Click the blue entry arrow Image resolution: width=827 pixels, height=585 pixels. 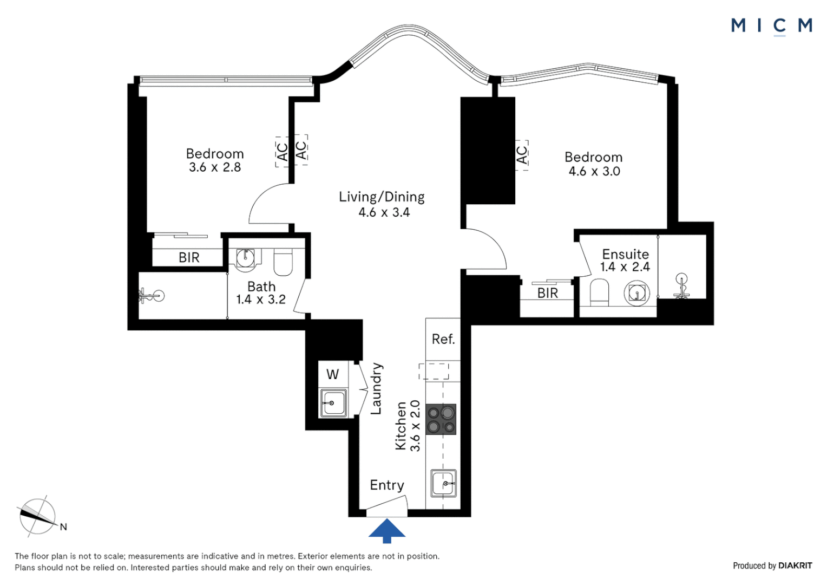click(x=386, y=530)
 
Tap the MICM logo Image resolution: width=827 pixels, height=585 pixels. click(x=771, y=26)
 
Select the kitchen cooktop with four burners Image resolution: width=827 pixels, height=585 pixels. click(x=441, y=419)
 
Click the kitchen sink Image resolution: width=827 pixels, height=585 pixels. click(x=443, y=483)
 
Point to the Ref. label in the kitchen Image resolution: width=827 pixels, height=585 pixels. click(x=443, y=339)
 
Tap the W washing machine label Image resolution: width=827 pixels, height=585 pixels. click(x=332, y=374)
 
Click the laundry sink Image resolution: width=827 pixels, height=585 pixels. click(x=333, y=403)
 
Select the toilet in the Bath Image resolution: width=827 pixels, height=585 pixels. click(x=283, y=262)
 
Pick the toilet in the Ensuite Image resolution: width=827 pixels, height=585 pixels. click(x=599, y=292)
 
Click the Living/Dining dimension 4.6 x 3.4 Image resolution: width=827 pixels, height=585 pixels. click(x=384, y=212)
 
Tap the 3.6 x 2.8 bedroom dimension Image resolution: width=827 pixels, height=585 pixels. click(x=215, y=167)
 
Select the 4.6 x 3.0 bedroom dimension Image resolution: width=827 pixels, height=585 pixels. click(x=594, y=172)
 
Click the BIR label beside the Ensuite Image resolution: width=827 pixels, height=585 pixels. click(x=548, y=293)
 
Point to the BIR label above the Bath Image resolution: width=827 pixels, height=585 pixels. click(x=189, y=258)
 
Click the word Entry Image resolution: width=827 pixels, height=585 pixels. click(x=387, y=485)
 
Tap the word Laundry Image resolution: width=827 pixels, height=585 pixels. click(x=376, y=388)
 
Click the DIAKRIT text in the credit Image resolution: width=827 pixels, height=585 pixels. click(x=795, y=565)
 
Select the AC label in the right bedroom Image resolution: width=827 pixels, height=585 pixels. click(x=522, y=155)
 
